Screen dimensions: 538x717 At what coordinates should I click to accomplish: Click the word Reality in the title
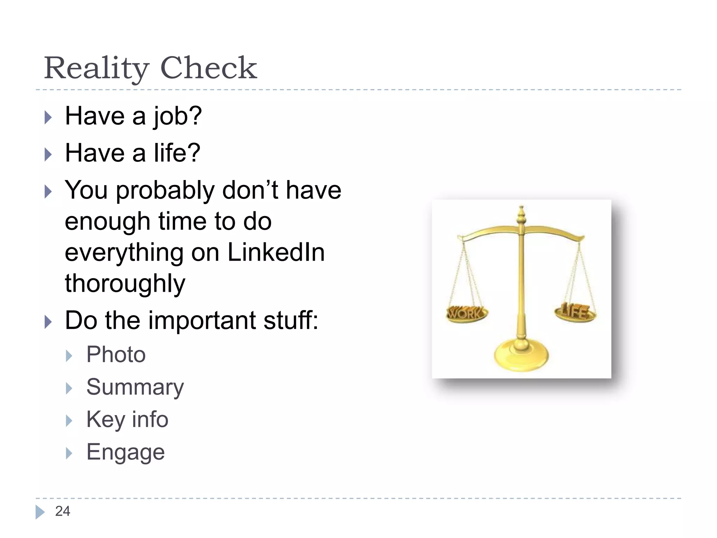[97, 68]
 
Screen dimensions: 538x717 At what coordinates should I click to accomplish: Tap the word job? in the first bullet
[177, 116]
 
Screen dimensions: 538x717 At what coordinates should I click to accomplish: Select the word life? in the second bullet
[177, 153]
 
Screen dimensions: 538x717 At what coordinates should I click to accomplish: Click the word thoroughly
[125, 283]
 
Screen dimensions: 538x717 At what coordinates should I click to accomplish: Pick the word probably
[165, 191]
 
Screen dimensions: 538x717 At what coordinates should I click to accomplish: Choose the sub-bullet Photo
[116, 354]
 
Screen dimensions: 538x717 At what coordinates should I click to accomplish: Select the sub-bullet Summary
[135, 387]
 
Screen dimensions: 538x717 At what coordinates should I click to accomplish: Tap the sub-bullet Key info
[127, 419]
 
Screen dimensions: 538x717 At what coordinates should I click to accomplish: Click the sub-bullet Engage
[125, 452]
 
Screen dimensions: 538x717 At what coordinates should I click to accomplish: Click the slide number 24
[63, 511]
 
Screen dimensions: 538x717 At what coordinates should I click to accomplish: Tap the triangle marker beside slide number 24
[40, 512]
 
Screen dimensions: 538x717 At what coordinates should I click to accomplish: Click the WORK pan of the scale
[466, 314]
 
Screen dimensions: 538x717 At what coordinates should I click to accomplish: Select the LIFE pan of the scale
[575, 312]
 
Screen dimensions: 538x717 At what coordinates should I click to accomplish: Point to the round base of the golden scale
[521, 356]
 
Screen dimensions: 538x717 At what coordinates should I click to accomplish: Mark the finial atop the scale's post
[521, 214]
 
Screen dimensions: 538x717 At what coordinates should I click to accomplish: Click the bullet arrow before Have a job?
[48, 117]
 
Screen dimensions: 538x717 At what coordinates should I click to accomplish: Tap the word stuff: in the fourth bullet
[291, 320]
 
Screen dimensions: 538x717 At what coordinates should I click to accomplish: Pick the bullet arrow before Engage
[69, 453]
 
